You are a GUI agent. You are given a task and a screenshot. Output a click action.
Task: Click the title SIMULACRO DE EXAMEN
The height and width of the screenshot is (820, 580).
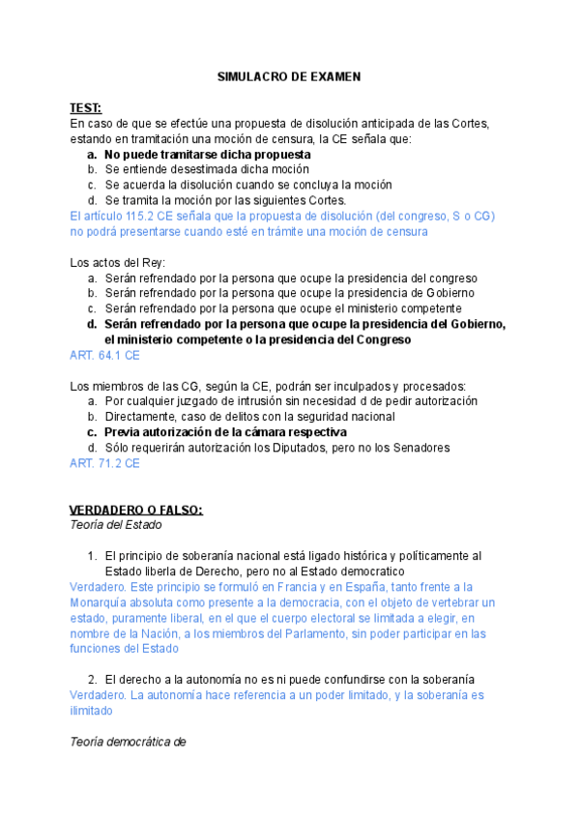(x=289, y=76)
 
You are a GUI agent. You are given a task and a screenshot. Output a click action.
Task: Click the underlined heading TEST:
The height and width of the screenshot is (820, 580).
(x=85, y=107)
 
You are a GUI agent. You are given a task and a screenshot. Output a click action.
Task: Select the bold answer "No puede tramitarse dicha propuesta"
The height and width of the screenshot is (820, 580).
(x=208, y=154)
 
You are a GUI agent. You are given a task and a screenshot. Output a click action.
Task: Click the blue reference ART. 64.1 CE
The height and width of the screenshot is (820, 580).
(x=104, y=356)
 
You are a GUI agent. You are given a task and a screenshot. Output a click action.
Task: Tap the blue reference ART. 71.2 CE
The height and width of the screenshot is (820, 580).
(x=104, y=463)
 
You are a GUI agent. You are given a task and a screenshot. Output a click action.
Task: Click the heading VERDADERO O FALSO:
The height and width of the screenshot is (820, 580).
(x=136, y=510)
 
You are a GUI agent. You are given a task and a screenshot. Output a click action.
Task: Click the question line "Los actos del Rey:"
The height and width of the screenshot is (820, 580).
(x=118, y=263)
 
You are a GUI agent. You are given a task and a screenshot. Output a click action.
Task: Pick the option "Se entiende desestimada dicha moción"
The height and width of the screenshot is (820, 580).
(x=214, y=169)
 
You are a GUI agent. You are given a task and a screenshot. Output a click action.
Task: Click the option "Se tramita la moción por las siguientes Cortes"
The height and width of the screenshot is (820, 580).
(x=225, y=200)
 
